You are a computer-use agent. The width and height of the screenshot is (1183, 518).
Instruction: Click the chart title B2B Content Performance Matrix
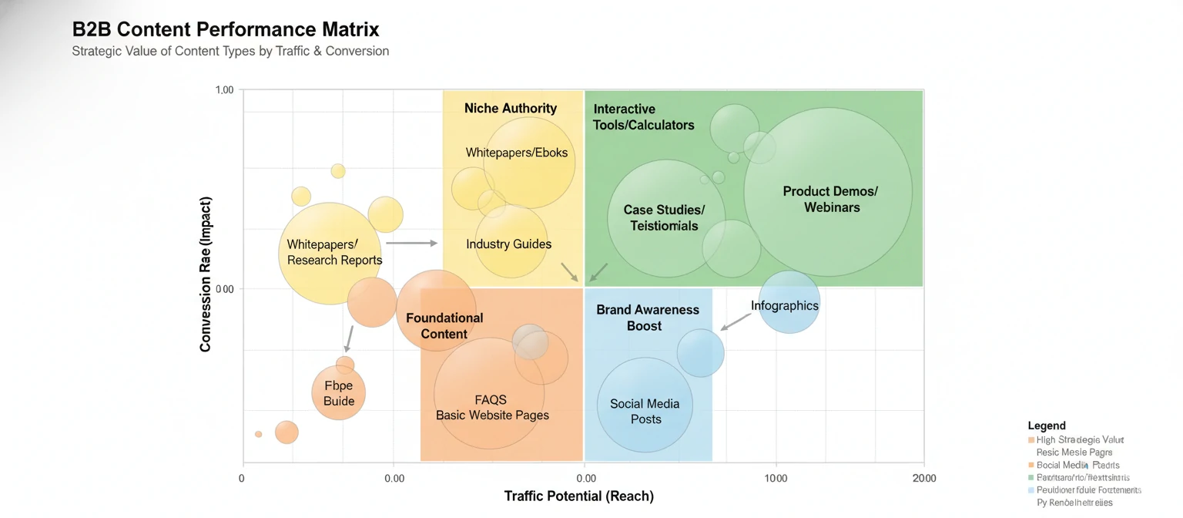(x=226, y=30)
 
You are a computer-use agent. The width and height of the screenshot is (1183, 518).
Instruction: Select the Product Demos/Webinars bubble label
(x=830, y=199)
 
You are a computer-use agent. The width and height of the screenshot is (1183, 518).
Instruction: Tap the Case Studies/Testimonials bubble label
(x=663, y=217)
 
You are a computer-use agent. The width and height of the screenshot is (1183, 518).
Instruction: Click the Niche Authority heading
(x=510, y=109)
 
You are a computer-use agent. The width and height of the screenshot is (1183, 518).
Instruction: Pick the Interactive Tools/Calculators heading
(x=643, y=117)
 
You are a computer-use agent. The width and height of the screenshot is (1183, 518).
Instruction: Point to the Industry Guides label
(x=508, y=244)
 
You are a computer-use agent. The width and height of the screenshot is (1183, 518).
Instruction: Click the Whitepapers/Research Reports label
(x=333, y=252)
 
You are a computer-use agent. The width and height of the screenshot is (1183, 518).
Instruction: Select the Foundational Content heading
(x=444, y=325)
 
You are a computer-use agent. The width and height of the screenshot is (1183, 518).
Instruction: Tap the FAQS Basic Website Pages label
(x=492, y=407)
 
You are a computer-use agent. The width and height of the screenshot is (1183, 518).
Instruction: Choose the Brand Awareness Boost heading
(x=647, y=318)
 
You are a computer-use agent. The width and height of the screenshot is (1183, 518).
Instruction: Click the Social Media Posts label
(x=645, y=411)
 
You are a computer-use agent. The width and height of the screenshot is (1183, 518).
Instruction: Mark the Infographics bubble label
(x=784, y=306)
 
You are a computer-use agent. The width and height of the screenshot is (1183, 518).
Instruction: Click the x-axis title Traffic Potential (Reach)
(x=578, y=496)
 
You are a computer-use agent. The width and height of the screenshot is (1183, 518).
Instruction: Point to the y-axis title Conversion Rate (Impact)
(x=206, y=274)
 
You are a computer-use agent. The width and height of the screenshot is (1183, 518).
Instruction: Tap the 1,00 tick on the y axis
(x=224, y=90)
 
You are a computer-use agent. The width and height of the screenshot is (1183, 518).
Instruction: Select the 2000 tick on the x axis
(x=923, y=478)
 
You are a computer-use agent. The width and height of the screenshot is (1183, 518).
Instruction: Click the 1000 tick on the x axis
(x=775, y=478)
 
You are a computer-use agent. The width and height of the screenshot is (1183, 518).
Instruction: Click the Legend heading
(x=1046, y=425)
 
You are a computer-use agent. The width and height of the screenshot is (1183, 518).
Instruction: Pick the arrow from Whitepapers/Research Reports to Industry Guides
(x=411, y=243)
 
